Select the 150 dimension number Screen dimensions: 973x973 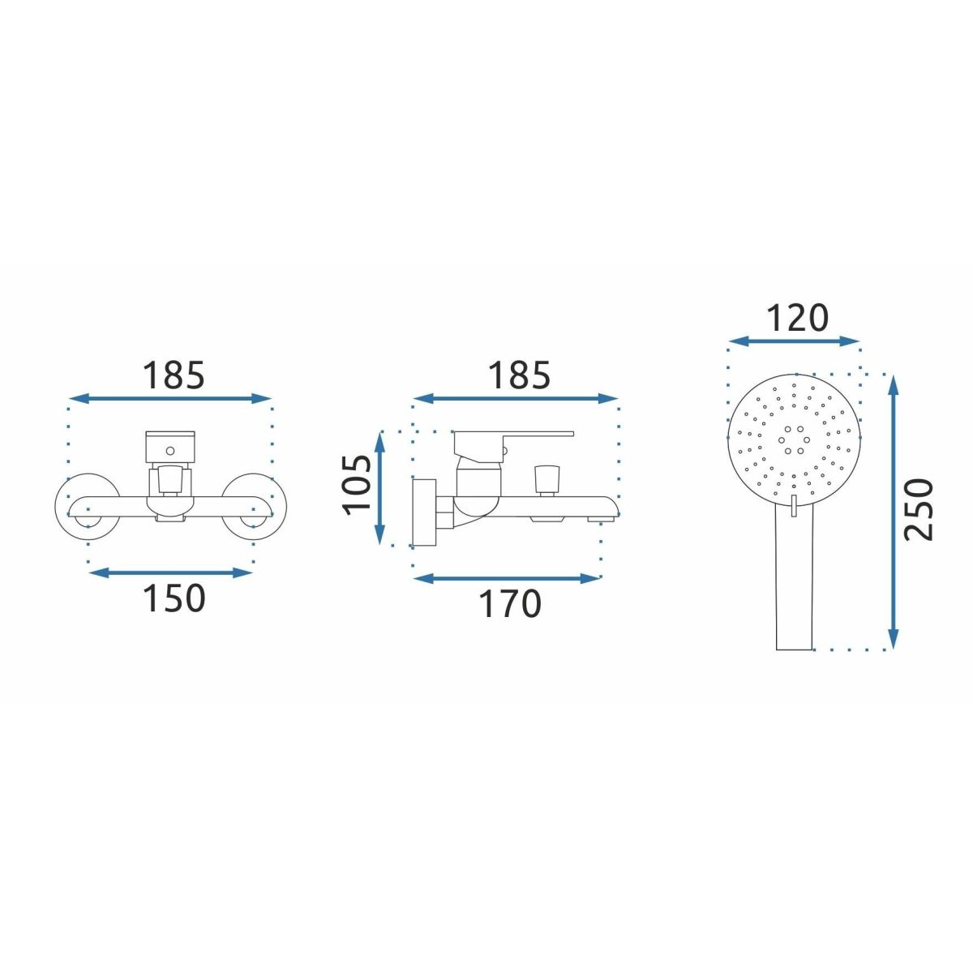pos(174,598)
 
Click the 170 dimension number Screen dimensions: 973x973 pos(509,604)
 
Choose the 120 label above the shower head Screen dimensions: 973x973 pos(797,318)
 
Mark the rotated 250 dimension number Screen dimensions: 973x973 pos(919,510)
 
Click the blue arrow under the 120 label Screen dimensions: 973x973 pos(794,341)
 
